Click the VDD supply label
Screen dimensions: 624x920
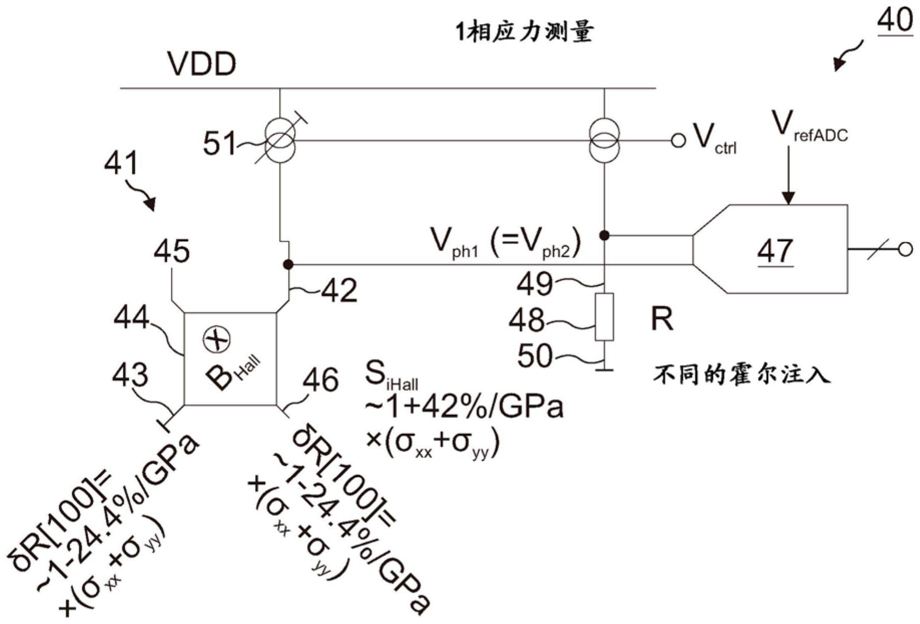pyautogui.click(x=202, y=64)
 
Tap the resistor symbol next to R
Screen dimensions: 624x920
pyautogui.click(x=604, y=317)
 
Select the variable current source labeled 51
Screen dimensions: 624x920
pyautogui.click(x=279, y=140)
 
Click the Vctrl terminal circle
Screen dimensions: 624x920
pyautogui.click(x=678, y=141)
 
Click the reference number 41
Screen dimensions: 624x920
pyautogui.click(x=120, y=163)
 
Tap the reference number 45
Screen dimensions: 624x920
pyautogui.click(x=172, y=251)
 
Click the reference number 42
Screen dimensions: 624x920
pyautogui.click(x=339, y=291)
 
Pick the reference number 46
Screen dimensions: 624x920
pyautogui.click(x=321, y=379)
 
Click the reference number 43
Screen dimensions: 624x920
pyautogui.click(x=130, y=375)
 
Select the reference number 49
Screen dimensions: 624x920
pyautogui.click(x=535, y=284)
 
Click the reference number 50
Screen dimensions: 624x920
pyautogui.click(x=535, y=356)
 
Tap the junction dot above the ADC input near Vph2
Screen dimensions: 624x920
pyautogui.click(x=604, y=235)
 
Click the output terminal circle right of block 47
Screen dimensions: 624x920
pyautogui.click(x=905, y=249)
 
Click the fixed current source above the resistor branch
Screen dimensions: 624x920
pyautogui.click(x=604, y=140)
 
